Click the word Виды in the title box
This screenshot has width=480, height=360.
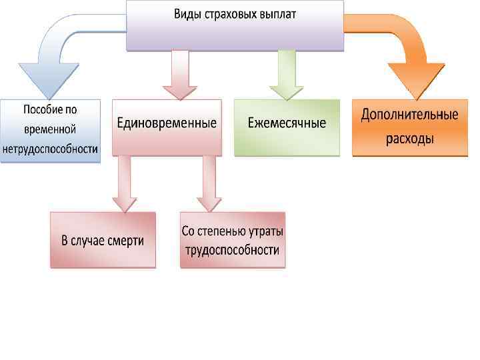tap(189, 13)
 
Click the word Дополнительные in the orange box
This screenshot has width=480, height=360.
tap(409, 115)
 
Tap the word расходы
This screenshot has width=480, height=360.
tap(409, 139)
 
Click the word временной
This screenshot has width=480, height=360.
tap(50, 129)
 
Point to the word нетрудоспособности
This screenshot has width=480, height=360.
tap(50, 149)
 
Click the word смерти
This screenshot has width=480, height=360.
tap(126, 241)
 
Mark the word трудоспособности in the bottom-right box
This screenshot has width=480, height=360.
tap(233, 251)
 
